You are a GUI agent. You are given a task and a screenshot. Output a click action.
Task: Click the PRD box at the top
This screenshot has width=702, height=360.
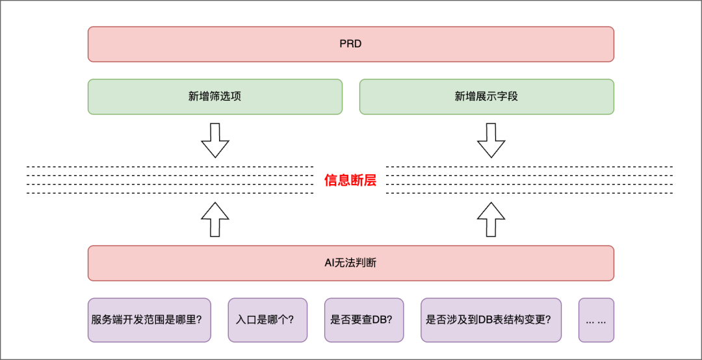350,44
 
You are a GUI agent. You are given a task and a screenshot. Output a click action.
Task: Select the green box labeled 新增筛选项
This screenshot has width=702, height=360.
214,97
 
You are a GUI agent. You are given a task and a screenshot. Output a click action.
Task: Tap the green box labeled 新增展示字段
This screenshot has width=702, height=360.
486,97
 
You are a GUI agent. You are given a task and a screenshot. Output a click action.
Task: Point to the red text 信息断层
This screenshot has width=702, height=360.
350,181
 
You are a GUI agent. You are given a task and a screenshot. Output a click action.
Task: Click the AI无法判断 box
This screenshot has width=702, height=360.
350,263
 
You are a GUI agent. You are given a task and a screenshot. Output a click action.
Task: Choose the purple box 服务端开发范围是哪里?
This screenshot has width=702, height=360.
149,320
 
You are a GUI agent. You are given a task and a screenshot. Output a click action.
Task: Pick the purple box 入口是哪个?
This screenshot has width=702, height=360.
267,320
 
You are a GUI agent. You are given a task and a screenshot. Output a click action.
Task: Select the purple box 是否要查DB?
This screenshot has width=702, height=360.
364,320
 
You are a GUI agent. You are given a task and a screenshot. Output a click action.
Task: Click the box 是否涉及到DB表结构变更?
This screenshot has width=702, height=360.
491,320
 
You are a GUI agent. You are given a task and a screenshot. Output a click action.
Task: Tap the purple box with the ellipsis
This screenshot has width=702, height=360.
596,320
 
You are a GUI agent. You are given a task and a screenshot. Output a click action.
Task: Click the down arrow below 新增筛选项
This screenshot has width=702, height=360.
215,140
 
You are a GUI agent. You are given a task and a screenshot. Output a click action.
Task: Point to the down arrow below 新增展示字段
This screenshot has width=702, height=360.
491,140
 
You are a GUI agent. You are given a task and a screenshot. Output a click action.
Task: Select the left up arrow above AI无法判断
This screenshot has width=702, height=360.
215,219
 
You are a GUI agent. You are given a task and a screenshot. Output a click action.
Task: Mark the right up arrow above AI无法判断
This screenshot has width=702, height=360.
491,219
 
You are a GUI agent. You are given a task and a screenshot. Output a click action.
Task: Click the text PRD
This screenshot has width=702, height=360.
350,44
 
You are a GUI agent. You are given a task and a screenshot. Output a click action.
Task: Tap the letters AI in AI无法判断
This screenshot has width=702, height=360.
330,263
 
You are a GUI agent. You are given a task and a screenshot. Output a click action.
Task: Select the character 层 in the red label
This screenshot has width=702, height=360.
370,181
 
